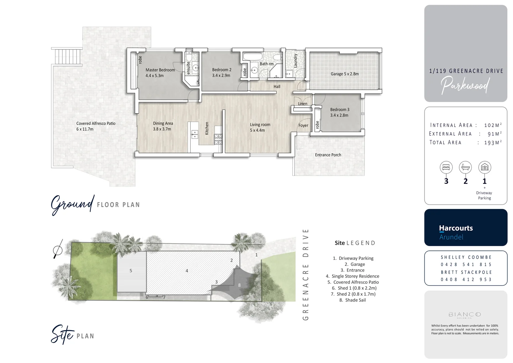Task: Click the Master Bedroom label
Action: click(x=160, y=70)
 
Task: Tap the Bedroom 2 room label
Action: click(x=222, y=70)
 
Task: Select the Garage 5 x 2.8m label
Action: click(x=344, y=74)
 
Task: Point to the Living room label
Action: click(x=260, y=125)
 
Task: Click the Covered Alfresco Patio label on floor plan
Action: click(x=96, y=124)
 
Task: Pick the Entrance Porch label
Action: click(x=328, y=155)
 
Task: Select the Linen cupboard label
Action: click(x=302, y=104)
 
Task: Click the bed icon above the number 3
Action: click(x=446, y=167)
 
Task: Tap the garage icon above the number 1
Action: click(x=484, y=167)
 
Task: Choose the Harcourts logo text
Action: click(x=456, y=228)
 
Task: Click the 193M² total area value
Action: click(x=493, y=143)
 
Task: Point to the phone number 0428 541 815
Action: click(x=466, y=265)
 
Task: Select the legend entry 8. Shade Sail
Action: click(x=353, y=300)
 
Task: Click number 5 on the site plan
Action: click(x=131, y=271)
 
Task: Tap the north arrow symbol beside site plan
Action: click(x=58, y=250)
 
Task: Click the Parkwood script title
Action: click(x=465, y=85)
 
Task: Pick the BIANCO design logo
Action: click(x=465, y=315)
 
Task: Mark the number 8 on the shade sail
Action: click(x=239, y=285)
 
